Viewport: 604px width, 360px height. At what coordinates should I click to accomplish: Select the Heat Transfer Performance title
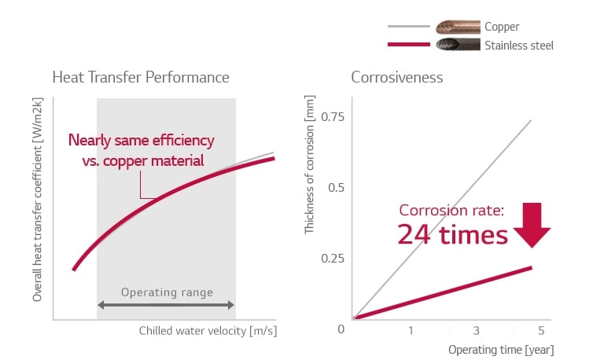coord(141,78)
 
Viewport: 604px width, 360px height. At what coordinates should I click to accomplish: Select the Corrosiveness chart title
coord(396,78)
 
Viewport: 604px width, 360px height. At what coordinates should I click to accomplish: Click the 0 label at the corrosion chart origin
coord(341,328)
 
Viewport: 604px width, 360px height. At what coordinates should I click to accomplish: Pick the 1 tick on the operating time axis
coord(411,330)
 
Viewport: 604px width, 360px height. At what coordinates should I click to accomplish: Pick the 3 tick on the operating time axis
coord(476,330)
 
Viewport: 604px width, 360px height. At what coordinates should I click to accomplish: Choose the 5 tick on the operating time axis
coord(541,330)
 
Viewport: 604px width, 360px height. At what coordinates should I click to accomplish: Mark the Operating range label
coord(167,292)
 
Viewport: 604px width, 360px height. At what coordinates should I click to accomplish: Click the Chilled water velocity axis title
coord(208,330)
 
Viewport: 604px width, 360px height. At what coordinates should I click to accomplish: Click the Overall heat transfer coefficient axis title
coord(37,200)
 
